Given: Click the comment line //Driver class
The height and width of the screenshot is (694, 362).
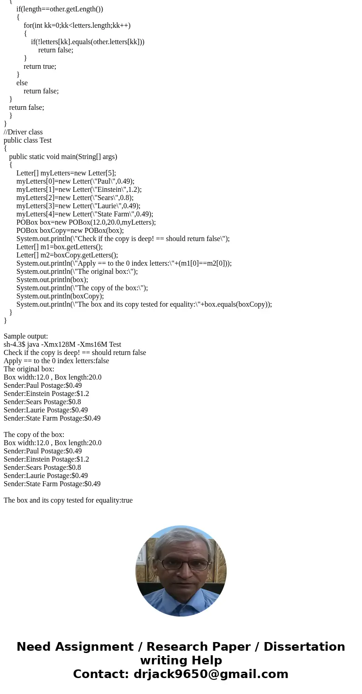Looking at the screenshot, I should click(x=23, y=132).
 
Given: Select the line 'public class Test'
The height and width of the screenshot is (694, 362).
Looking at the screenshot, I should click(x=28, y=140).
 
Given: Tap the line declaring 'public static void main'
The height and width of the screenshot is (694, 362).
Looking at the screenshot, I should click(x=63, y=157).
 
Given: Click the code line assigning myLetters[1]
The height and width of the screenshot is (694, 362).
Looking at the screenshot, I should click(x=79, y=190).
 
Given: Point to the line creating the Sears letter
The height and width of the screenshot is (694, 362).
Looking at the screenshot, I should click(x=75, y=198).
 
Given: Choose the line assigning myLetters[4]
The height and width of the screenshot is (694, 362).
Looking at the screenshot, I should click(x=85, y=214).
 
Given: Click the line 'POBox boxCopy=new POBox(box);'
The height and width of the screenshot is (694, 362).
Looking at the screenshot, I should click(x=70, y=231).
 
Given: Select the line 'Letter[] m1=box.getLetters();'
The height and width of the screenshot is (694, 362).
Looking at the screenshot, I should click(x=59, y=247).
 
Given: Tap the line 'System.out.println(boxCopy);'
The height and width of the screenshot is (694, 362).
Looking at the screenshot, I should click(x=60, y=296).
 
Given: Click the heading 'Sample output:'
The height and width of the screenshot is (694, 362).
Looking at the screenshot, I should click(x=26, y=336).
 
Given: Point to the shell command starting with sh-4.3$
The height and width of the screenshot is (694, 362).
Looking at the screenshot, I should click(x=62, y=344).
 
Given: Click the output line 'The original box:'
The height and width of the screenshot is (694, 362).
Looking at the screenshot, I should click(x=29, y=369).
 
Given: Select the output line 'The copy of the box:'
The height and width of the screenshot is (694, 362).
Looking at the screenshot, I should click(x=34, y=435).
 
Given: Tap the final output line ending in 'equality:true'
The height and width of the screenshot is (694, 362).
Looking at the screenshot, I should click(x=68, y=500).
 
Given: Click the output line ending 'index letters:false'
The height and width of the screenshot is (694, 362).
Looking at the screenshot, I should click(x=56, y=361).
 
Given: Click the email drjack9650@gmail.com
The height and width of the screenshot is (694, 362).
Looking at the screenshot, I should click(x=211, y=674).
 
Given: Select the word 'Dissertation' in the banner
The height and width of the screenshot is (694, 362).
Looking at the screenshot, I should click(x=304, y=647).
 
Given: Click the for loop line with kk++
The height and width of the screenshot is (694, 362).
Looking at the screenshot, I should click(x=77, y=26).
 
